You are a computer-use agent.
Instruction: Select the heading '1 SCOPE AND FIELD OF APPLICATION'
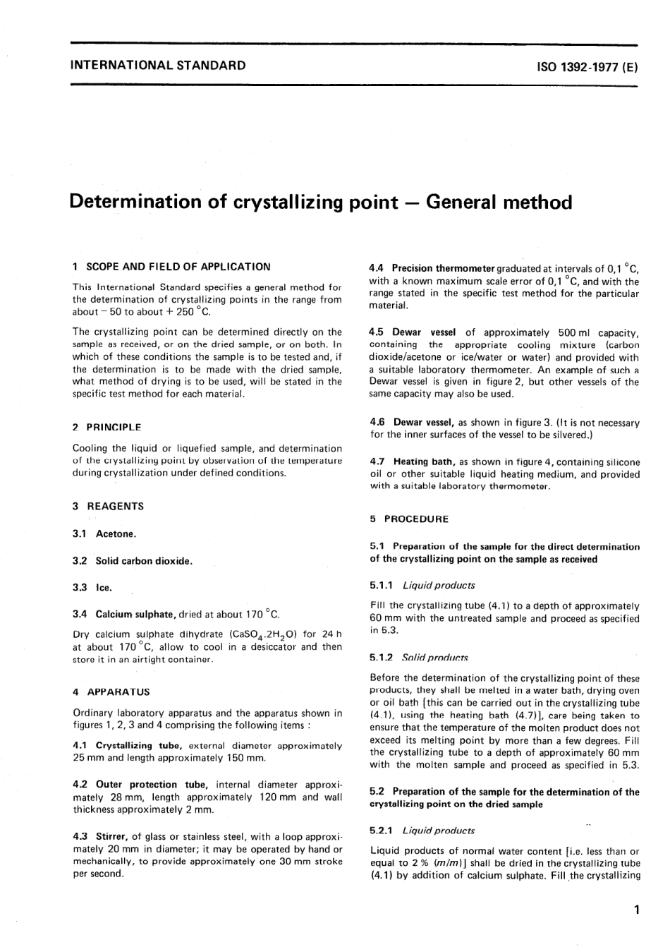171,267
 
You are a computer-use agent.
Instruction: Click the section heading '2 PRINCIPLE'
107,427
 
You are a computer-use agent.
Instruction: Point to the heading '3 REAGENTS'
109,506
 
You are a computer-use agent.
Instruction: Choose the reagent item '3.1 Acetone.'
104,534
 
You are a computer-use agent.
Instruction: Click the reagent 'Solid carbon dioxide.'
144,561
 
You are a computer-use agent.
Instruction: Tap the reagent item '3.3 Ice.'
92,587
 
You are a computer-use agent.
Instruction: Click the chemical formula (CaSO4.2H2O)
257,634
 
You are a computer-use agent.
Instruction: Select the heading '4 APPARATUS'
111,692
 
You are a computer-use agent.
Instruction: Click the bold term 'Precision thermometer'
444,268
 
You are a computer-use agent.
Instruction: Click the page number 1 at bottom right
636,910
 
